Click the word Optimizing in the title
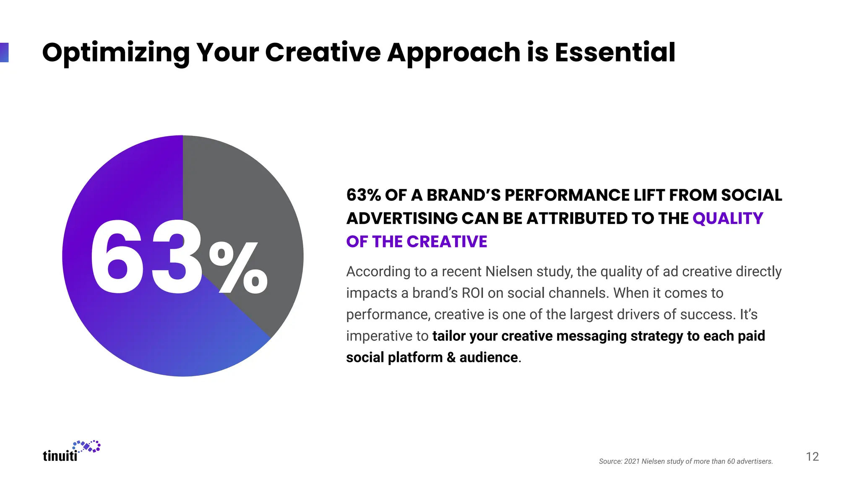click(x=116, y=53)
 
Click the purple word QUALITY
click(x=728, y=218)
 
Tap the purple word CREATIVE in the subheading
click(x=447, y=242)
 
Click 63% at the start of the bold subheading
click(x=363, y=195)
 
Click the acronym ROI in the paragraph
click(x=473, y=293)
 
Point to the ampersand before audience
click(x=451, y=358)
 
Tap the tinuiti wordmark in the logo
click(x=60, y=456)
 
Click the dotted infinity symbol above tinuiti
click(x=87, y=446)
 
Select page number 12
click(x=812, y=457)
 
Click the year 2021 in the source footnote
click(x=632, y=462)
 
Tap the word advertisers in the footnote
click(x=754, y=462)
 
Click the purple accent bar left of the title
click(x=4, y=52)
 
